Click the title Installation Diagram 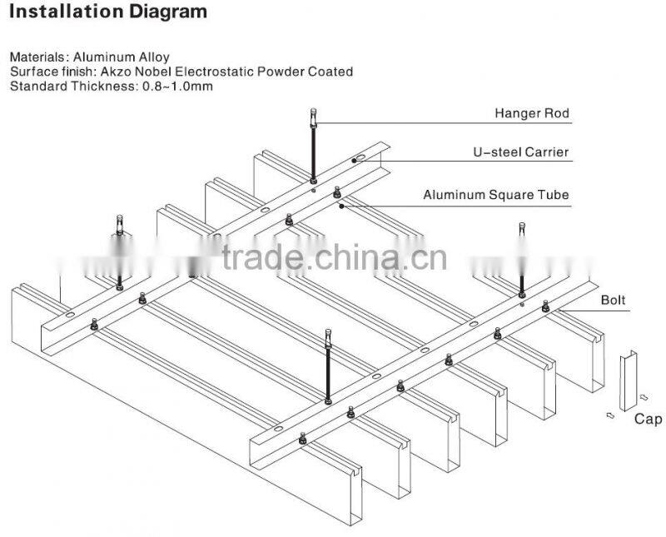(x=108, y=12)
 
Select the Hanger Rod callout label (x=532, y=113)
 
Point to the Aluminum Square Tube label (x=496, y=195)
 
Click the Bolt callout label (x=614, y=298)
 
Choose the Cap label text (x=648, y=419)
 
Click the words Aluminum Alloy (x=122, y=57)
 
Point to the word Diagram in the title (x=170, y=12)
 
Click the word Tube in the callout (x=556, y=195)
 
